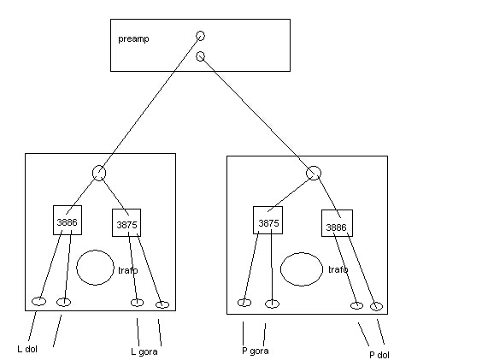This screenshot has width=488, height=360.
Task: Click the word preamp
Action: click(x=133, y=39)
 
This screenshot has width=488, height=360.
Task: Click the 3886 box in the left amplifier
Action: click(x=68, y=220)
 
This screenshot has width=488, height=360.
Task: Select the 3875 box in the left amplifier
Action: click(x=126, y=222)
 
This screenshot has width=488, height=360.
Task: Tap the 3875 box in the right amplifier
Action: click(x=268, y=220)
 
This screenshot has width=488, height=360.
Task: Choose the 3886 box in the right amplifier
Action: click(x=337, y=223)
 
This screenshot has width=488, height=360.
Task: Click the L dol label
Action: click(x=27, y=349)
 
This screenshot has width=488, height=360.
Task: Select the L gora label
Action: click(x=144, y=352)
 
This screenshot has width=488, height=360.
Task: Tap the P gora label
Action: click(x=256, y=351)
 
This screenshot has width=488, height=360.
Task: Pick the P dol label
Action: click(x=379, y=355)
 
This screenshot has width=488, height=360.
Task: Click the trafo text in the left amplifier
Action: click(x=128, y=270)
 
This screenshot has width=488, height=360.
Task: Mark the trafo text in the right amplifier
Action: click(x=338, y=269)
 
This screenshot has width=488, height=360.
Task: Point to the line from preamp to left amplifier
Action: click(x=150, y=104)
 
